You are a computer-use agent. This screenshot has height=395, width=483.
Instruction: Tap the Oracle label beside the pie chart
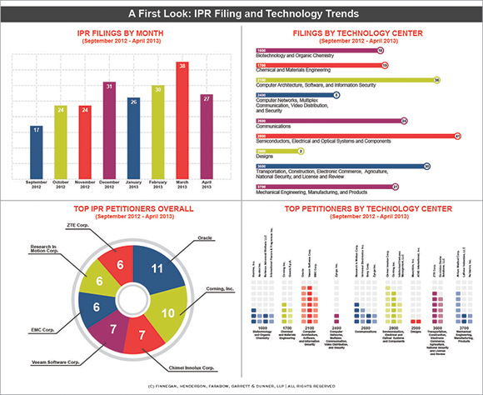click(x=195, y=238)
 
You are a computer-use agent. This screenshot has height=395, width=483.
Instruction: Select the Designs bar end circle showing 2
click(x=301, y=151)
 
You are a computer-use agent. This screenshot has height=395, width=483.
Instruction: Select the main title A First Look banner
click(x=242, y=13)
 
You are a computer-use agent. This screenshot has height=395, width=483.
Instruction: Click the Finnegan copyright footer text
click(x=242, y=386)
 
